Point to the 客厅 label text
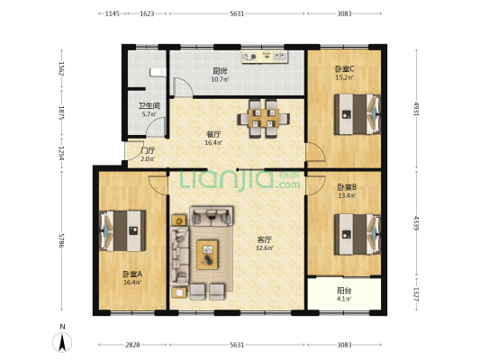pos(265,239)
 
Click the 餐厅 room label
pos(213,134)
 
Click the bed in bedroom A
pos(122,229)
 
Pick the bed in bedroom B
pos(358,232)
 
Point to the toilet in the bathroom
pos(156,71)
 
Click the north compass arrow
pos(61,341)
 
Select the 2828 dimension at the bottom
pos(131,344)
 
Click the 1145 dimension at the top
pos(112,14)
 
